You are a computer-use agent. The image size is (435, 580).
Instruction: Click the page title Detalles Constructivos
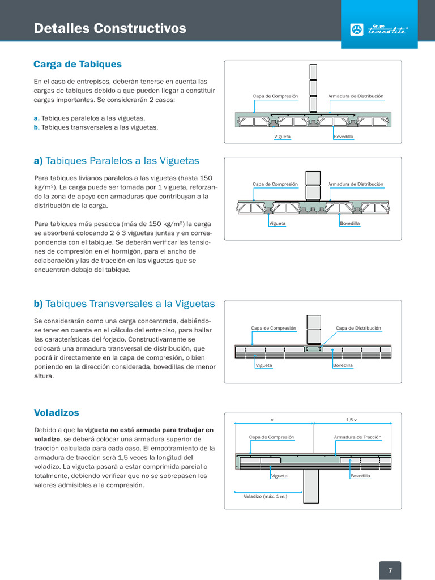(110, 28)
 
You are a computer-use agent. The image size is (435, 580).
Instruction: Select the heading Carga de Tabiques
(78, 65)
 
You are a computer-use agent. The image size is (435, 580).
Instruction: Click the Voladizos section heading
(57, 412)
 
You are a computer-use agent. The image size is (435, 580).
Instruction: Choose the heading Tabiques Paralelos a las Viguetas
(116, 161)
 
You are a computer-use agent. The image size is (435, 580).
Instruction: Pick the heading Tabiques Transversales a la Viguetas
(124, 304)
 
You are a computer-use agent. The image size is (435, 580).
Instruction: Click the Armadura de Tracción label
(357, 437)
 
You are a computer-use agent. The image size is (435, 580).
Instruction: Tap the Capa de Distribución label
(359, 328)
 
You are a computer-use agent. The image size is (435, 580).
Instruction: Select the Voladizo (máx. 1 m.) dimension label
(265, 496)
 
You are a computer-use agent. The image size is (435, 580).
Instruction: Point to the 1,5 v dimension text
(351, 420)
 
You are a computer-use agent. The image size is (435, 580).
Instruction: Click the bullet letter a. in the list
(37, 118)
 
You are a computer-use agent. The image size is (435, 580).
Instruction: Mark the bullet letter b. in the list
(37, 127)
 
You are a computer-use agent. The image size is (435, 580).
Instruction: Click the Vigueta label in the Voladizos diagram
(279, 476)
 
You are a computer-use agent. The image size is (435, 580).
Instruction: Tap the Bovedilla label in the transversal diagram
(343, 365)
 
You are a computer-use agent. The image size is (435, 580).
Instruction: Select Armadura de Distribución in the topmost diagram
(356, 96)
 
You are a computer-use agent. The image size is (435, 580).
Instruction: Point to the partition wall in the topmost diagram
(314, 88)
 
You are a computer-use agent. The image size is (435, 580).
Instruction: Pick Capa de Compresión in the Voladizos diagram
(271, 437)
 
